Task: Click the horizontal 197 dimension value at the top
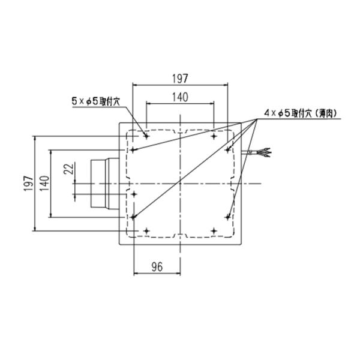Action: pyautogui.click(x=180, y=79)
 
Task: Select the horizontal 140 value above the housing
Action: pyautogui.click(x=180, y=97)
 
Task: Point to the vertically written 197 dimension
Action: pyautogui.click(x=29, y=184)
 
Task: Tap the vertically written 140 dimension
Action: pyautogui.click(x=44, y=184)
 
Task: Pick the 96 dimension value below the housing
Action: pyautogui.click(x=157, y=267)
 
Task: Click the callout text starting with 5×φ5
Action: pyautogui.click(x=96, y=101)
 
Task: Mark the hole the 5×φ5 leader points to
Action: pyautogui.click(x=146, y=136)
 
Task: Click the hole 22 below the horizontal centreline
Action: pyautogui.click(x=134, y=194)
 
